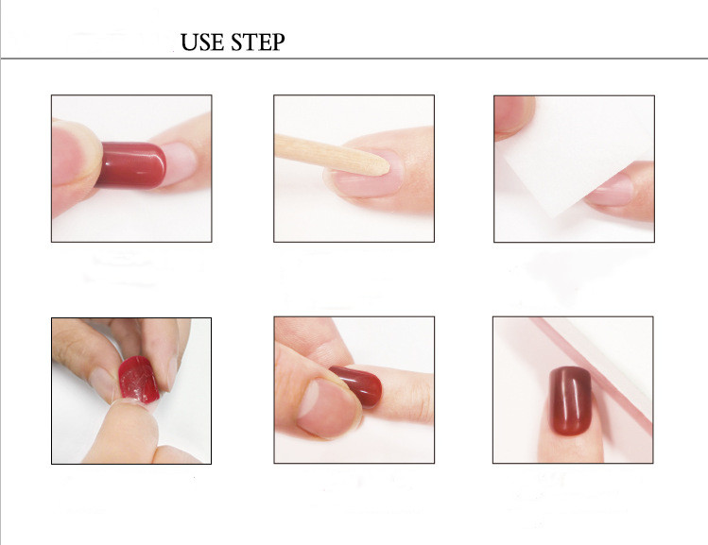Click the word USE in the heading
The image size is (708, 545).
coord(202,42)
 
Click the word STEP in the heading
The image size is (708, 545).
coord(258,42)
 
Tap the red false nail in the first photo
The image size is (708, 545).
coord(131,164)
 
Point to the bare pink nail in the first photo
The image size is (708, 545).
coord(180,162)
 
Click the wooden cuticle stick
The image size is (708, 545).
coord(332,154)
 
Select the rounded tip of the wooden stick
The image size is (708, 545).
coord(385,167)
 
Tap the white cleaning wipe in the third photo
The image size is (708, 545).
coord(574,153)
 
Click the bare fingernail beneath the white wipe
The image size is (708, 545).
coord(612,191)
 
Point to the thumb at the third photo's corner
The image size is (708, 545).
coord(514,116)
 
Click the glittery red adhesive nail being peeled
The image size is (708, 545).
coord(139,380)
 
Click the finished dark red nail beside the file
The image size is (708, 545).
coord(570,400)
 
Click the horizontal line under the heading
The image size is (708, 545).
coord(354,59)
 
